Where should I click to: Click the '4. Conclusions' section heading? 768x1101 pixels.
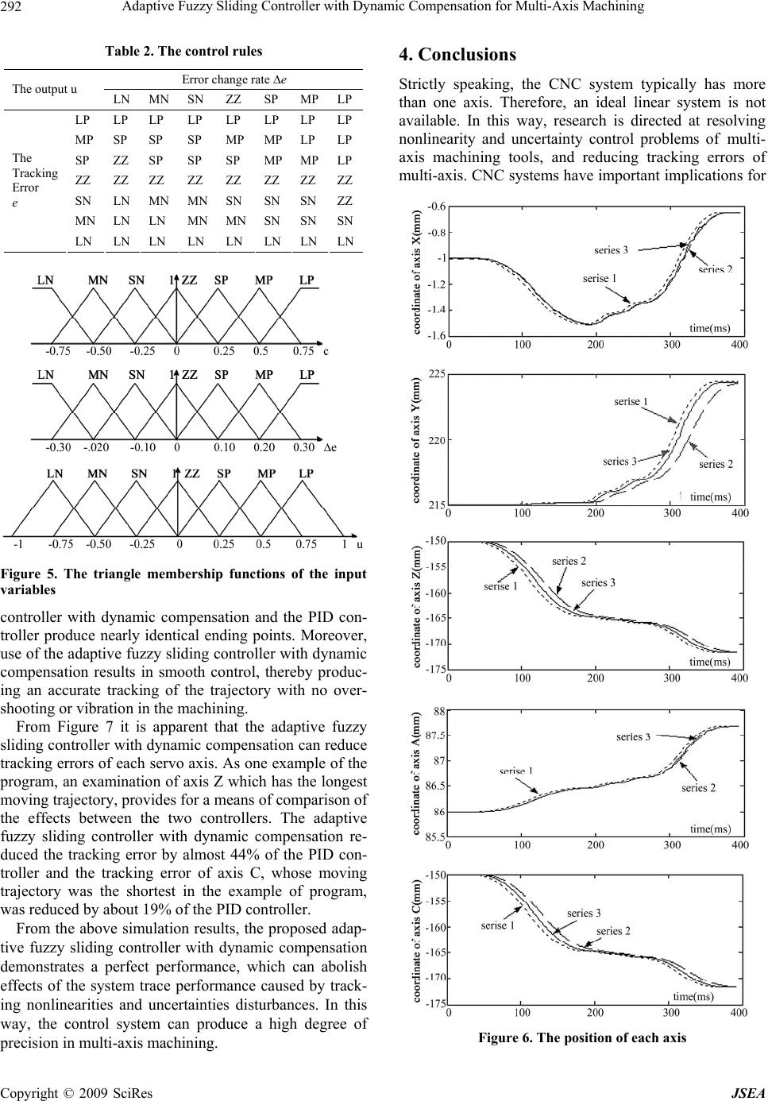pos(457,55)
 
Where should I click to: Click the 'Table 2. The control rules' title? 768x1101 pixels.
pos(183,51)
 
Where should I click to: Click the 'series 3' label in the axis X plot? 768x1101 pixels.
pos(611,250)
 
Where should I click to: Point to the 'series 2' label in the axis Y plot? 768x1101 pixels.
pos(716,464)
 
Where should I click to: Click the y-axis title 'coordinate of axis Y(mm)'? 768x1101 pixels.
pos(416,440)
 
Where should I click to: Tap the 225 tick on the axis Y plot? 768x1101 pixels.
pos(436,373)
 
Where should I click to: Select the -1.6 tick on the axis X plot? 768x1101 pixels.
pos(435,336)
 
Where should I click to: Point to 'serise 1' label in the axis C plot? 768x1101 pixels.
pos(499,925)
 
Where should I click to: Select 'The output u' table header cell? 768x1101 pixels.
pos(44,89)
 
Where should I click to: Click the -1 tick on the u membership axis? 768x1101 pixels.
pos(17,545)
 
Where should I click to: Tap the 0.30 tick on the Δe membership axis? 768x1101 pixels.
pos(303,447)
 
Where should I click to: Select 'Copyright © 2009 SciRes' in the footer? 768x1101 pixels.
pos(78,1093)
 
